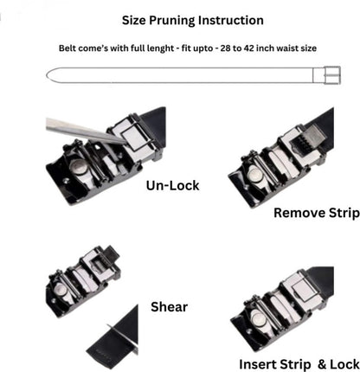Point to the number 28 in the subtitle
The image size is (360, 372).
point(223,48)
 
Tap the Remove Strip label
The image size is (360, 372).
point(315,212)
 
